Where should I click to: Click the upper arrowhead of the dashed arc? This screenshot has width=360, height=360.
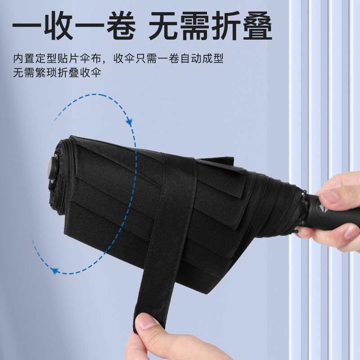[129, 121]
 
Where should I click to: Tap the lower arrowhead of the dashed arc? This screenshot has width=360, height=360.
[55, 270]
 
